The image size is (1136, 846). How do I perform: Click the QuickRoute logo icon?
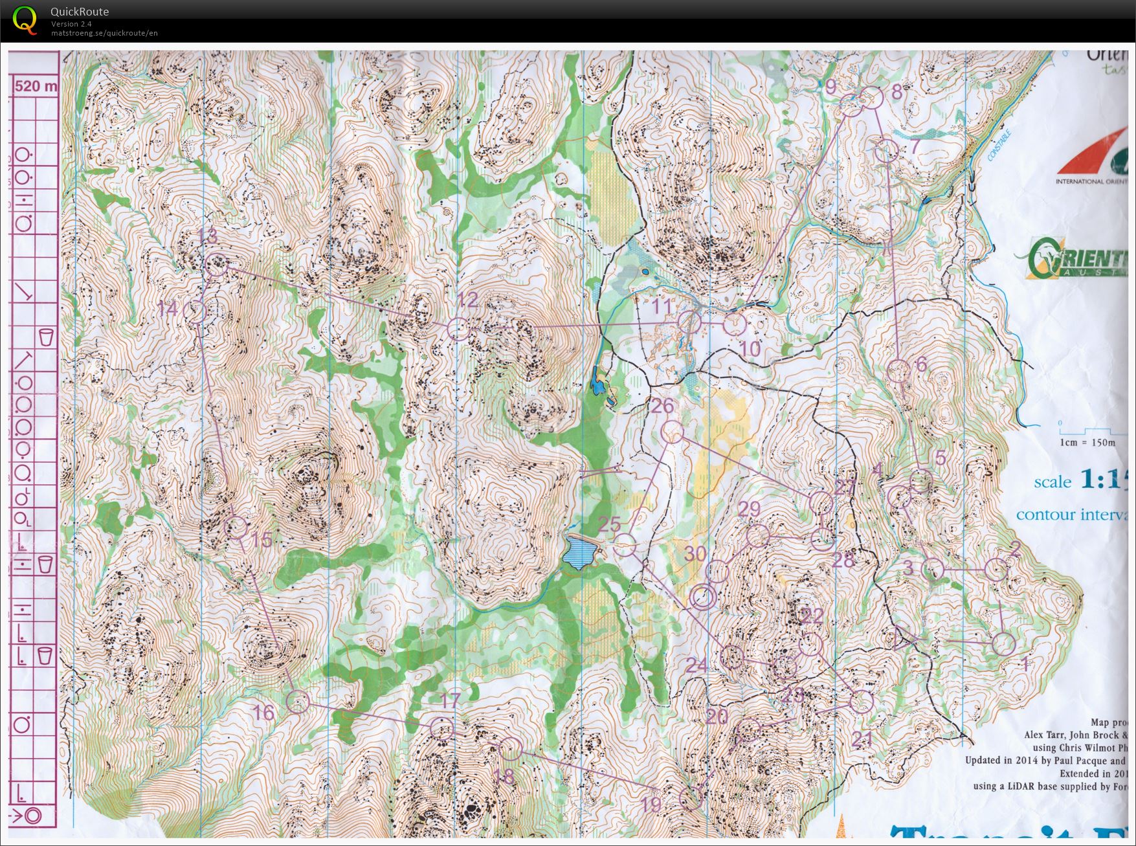pyautogui.click(x=25, y=19)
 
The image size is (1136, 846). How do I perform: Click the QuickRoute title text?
pyautogui.click(x=79, y=12)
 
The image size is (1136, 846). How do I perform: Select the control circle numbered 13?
pyautogui.click(x=216, y=265)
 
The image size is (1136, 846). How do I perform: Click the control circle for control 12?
pyautogui.click(x=458, y=329)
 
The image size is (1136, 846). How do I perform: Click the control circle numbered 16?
pyautogui.click(x=297, y=702)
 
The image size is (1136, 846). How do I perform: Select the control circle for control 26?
pyautogui.click(x=673, y=432)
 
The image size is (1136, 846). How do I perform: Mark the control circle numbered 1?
pyautogui.click(x=1003, y=643)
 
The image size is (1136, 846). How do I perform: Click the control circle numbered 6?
pyautogui.click(x=897, y=372)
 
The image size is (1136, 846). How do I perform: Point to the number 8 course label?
pyautogui.click(x=897, y=92)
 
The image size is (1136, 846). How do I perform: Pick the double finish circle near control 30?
pyautogui.click(x=704, y=597)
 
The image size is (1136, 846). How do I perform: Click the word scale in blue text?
pyautogui.click(x=1052, y=482)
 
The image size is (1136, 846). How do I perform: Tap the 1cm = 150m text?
pyautogui.click(x=1087, y=443)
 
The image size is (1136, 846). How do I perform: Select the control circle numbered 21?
pyautogui.click(x=862, y=702)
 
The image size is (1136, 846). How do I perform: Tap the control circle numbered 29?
pyautogui.click(x=757, y=535)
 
